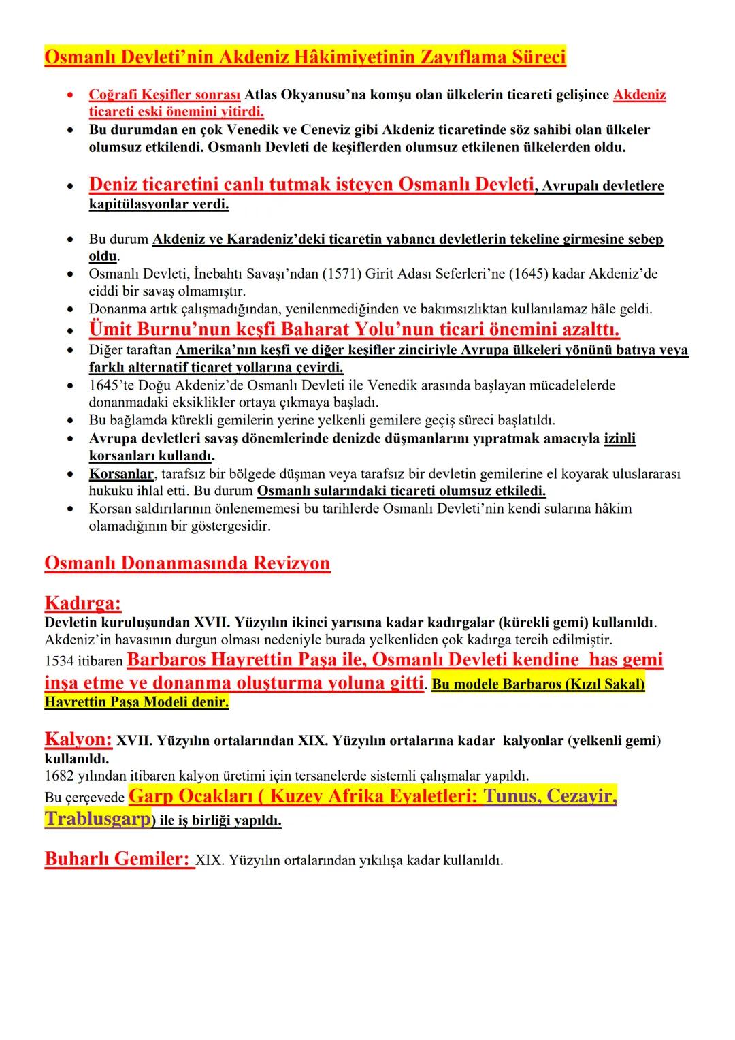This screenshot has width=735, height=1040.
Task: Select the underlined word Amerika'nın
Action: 212,350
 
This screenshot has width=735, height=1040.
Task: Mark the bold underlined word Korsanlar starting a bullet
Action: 121,473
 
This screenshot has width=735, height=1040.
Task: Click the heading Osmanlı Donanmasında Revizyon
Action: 187,563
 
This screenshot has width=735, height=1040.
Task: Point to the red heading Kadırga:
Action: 83,603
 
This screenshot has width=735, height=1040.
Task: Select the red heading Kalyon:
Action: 78,739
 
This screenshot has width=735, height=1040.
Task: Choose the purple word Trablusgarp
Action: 97,819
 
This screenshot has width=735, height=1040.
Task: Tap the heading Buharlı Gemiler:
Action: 117,859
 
